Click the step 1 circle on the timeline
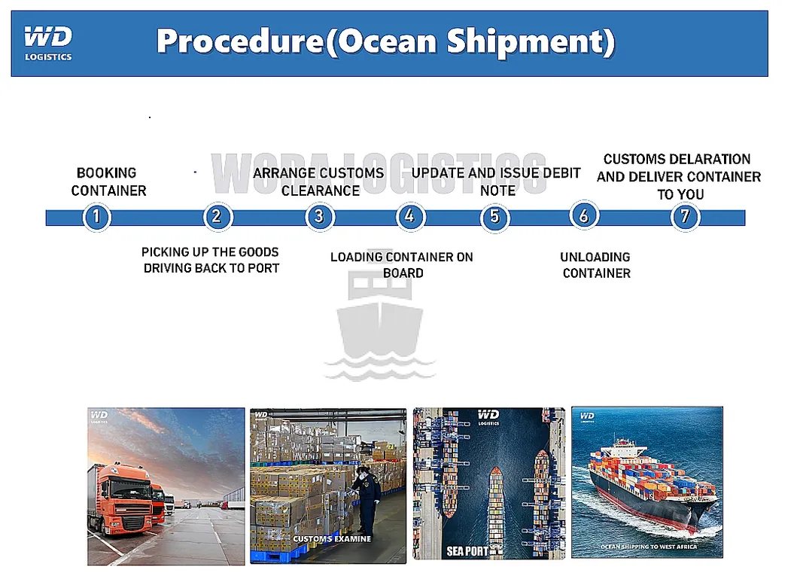[x=96, y=218]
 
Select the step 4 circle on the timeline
[x=409, y=218]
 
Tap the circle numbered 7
[x=684, y=218]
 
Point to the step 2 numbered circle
[x=217, y=218]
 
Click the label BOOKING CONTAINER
[x=108, y=181]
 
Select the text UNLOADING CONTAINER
[x=596, y=265]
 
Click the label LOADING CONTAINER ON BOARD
[x=402, y=265]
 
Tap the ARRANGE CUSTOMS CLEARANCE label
[x=319, y=181]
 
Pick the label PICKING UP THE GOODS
[x=211, y=252]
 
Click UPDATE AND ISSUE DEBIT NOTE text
[x=496, y=181]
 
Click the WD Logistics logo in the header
[x=48, y=42]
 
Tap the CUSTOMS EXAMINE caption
[x=332, y=539]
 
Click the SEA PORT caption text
[x=467, y=551]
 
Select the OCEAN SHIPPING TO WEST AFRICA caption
[x=648, y=547]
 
